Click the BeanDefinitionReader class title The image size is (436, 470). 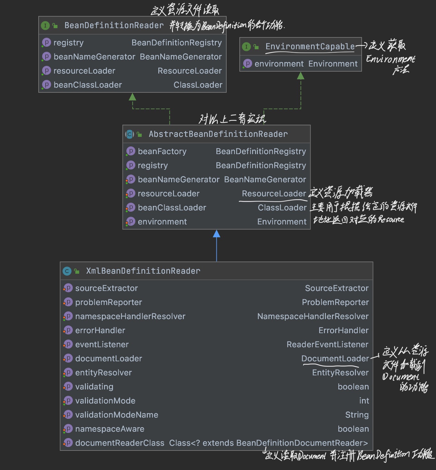coord(114,25)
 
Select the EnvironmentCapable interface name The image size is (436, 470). coord(310,47)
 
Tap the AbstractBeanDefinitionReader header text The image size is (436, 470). coord(218,134)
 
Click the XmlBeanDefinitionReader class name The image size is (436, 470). coord(143,271)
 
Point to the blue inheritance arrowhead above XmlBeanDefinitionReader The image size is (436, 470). coord(216,234)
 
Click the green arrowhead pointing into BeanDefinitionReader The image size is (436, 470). coord(132,97)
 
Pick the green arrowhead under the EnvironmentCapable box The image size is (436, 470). coord(301,75)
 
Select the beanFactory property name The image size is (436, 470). coord(162,151)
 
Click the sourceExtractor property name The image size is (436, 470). coord(107,288)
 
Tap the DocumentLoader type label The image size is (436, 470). coord(335,358)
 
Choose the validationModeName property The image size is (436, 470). coord(117,415)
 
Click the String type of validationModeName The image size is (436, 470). coord(357,415)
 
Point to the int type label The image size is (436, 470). coord(364,401)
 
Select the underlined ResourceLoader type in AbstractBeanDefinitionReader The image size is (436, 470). coord(274,193)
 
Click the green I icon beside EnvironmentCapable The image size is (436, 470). coord(246,47)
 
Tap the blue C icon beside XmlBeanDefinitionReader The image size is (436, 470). coord(67,271)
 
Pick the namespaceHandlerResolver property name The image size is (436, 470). coord(130,316)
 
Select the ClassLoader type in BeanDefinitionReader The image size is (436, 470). coord(198,85)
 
